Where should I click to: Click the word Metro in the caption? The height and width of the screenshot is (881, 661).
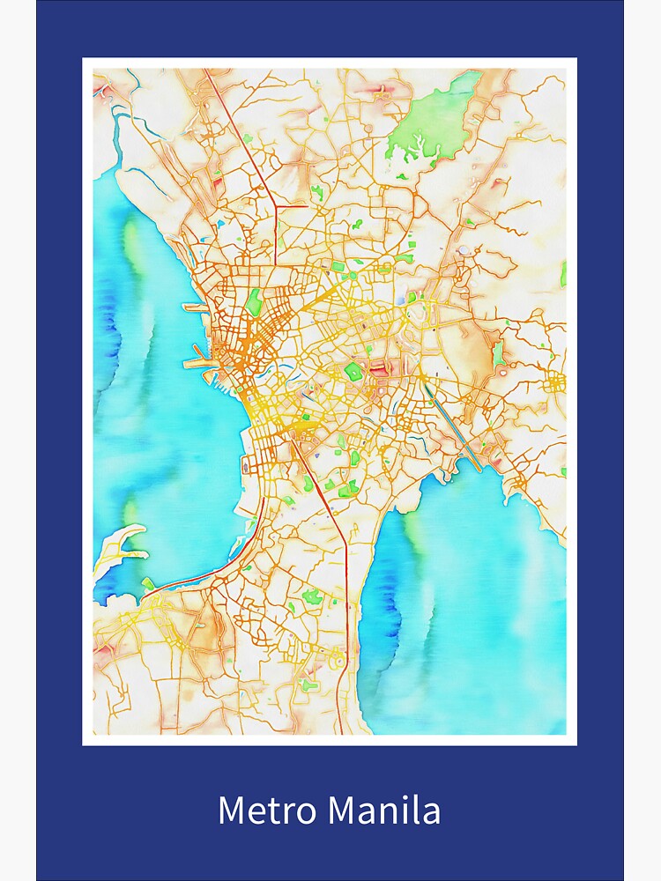click(x=256, y=811)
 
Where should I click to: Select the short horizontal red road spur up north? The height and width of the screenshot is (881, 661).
click(x=292, y=206)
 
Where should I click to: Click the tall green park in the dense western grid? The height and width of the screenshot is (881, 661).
click(x=254, y=301)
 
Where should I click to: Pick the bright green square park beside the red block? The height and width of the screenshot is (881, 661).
click(x=354, y=371)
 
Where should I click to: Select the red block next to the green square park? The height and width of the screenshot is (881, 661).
click(x=379, y=369)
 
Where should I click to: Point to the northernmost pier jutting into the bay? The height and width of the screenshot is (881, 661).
click(x=195, y=308)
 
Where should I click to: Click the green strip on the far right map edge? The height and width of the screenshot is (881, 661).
click(x=563, y=274)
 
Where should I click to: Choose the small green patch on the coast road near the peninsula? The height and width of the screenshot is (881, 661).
click(x=148, y=582)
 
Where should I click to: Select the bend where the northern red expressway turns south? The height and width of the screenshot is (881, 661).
click(x=275, y=208)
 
